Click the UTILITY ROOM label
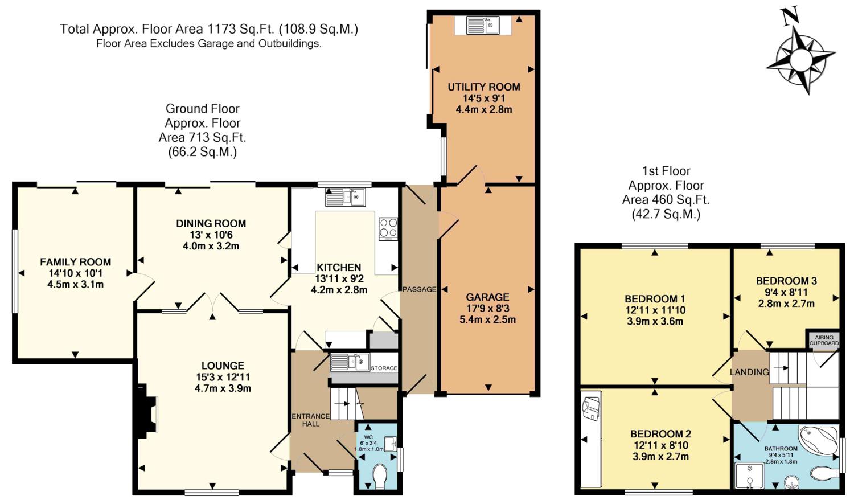tap(484, 87)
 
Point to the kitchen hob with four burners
tap(388, 229)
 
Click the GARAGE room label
tap(487, 297)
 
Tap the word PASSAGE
tap(419, 289)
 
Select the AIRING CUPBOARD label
tap(824, 340)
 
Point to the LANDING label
tap(749, 372)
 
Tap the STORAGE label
tap(384, 368)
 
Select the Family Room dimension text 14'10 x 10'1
tap(76, 273)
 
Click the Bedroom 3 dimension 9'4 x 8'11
tap(786, 292)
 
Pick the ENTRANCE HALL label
tap(310, 420)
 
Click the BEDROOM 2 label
tap(660, 434)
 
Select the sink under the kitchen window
tap(345, 197)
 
